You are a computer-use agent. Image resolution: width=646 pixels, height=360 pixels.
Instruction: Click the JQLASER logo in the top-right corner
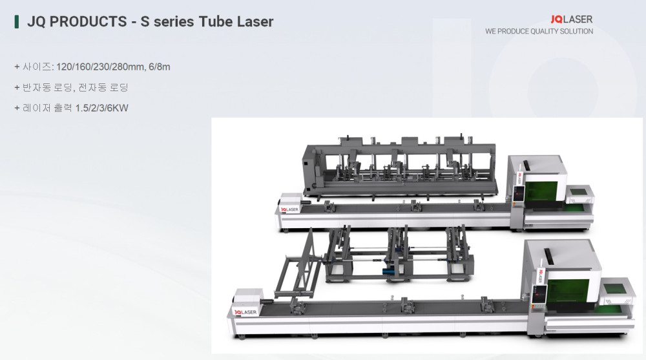pyautogui.click(x=572, y=19)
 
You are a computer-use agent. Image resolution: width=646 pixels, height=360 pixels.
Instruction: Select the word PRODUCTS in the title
pyautogui.click(x=88, y=21)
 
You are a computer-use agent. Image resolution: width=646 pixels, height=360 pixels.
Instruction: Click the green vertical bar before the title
pyautogui.click(x=17, y=21)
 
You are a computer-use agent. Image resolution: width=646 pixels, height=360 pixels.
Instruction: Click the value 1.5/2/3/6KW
pyautogui.click(x=102, y=108)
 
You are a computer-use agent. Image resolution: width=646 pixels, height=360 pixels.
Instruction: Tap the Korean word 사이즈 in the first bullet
pyautogui.click(x=37, y=67)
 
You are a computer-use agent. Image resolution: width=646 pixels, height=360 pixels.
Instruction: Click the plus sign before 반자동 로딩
pyautogui.click(x=17, y=87)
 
